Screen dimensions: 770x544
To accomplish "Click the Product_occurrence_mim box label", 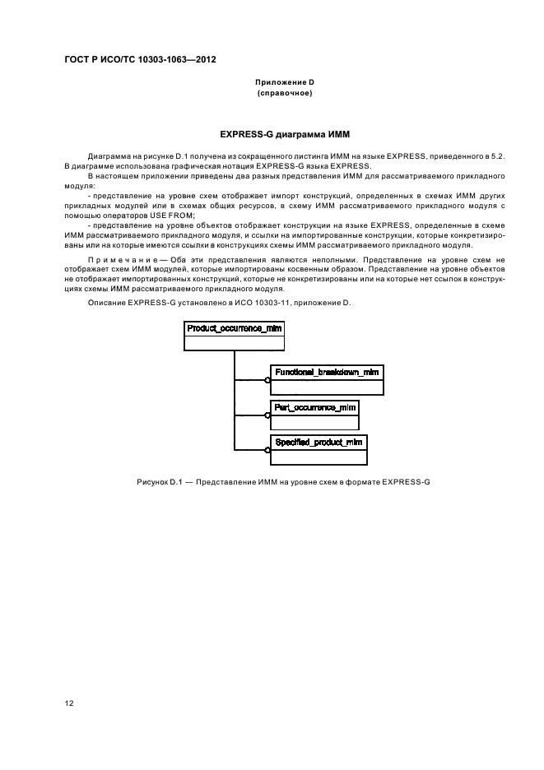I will point(235,328).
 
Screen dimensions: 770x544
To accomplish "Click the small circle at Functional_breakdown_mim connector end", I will point(267,380).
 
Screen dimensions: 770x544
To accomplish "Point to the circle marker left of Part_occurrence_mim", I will point(267,415).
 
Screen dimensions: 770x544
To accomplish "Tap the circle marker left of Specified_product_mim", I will point(267,451).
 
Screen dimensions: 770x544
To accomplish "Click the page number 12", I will point(70,703).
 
